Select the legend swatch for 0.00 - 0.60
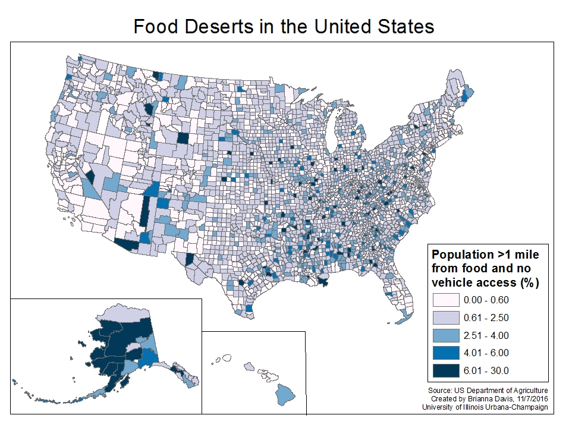[x=447, y=299]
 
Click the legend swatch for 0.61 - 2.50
[x=447, y=317]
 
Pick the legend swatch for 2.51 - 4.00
[x=447, y=335]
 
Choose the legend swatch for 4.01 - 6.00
[x=447, y=353]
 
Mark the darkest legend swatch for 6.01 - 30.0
[x=447, y=370]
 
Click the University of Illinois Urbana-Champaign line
[x=485, y=407]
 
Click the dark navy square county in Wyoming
[x=183, y=138]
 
